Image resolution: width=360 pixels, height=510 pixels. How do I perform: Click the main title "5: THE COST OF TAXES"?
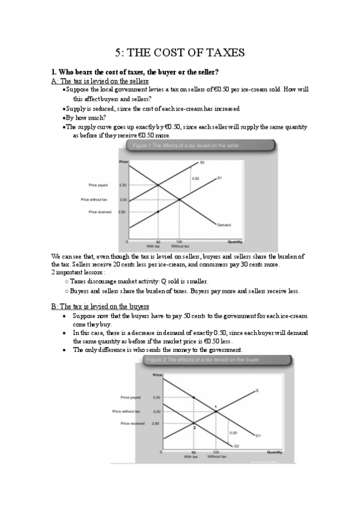[x=180, y=53]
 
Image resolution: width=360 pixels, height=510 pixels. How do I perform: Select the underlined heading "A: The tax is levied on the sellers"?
[x=100, y=81]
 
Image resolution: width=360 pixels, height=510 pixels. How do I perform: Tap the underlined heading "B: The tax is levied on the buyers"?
[x=100, y=307]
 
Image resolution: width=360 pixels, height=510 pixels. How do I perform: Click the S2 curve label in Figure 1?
[x=203, y=162]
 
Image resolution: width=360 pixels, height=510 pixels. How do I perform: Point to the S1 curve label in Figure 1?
[x=220, y=177]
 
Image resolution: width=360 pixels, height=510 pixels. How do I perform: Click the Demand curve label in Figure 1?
[x=224, y=226]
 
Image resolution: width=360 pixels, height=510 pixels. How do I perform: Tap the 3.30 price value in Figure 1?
[x=123, y=185]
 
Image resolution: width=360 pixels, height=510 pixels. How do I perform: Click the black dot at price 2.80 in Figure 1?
[x=157, y=212]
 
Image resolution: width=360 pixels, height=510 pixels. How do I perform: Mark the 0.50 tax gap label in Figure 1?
[x=195, y=179]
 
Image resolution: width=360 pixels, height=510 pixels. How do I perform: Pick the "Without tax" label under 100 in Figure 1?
[x=180, y=246]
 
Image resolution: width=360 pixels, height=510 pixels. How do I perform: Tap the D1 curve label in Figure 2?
[x=258, y=435]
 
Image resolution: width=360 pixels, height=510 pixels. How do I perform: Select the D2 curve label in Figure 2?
[x=237, y=446]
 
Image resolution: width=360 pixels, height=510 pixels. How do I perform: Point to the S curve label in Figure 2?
[x=257, y=391]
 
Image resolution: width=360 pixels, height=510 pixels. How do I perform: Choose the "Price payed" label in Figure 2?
[x=130, y=398]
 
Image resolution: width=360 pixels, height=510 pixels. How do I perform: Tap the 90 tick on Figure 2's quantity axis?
[x=194, y=452]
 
